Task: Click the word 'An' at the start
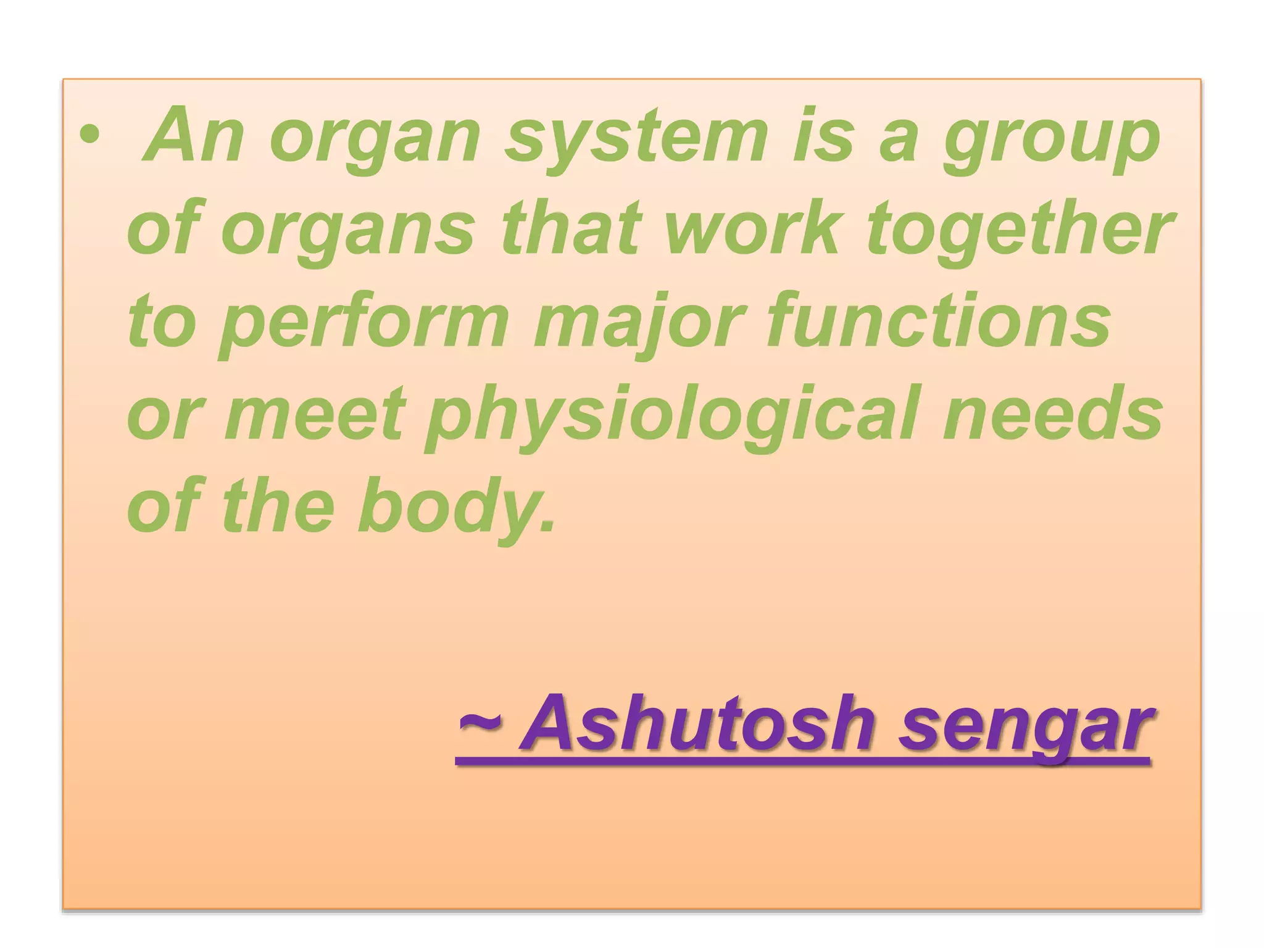coord(193,136)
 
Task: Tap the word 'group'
coord(1052,139)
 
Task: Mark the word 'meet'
coord(315,414)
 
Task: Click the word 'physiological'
coord(673,417)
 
